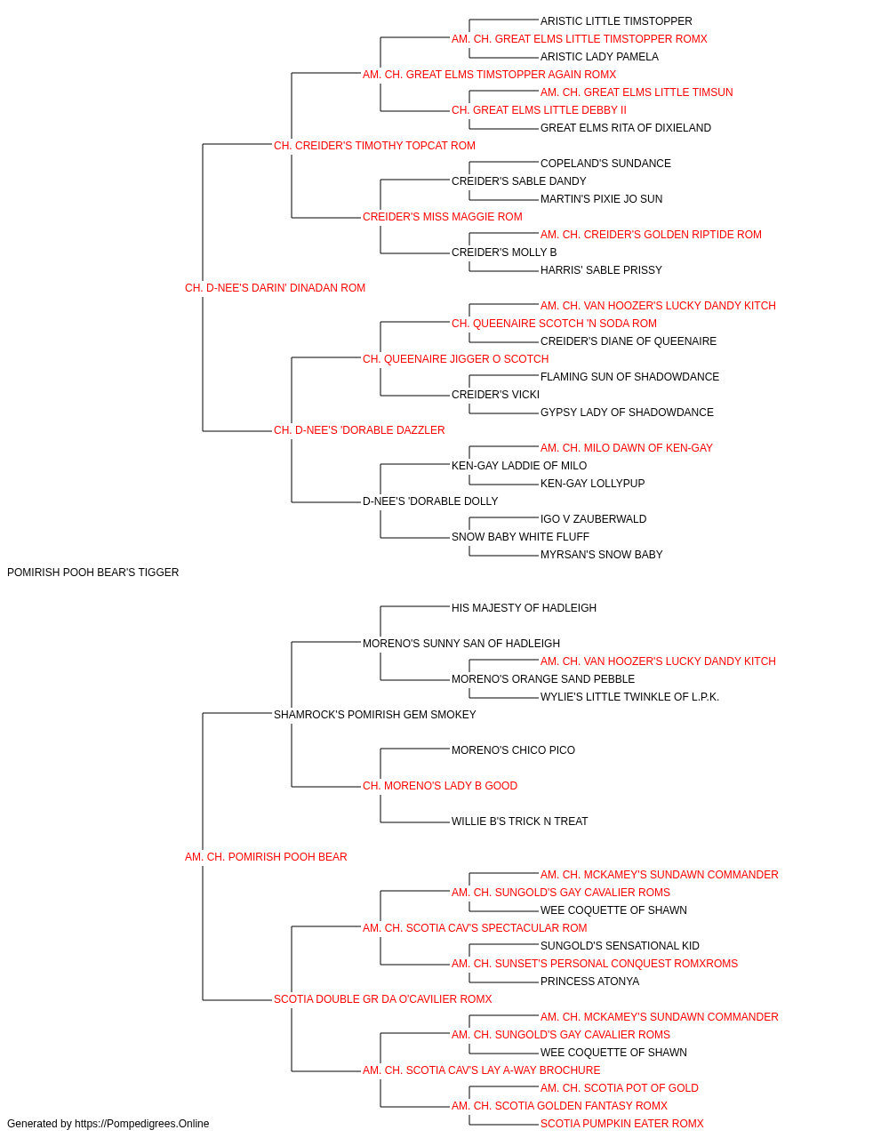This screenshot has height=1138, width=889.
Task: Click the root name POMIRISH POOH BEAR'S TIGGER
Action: click(x=92, y=573)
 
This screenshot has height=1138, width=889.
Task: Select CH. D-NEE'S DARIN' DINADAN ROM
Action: click(x=275, y=288)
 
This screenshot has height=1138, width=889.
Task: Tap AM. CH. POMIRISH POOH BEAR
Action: click(x=266, y=857)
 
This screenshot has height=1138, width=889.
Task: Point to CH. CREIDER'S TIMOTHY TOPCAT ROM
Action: click(x=374, y=146)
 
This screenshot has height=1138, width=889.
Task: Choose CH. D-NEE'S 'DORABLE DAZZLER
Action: click(x=359, y=430)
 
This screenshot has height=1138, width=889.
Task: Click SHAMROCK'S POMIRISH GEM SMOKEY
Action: click(x=375, y=715)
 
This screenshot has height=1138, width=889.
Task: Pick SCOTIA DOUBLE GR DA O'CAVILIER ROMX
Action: click(x=383, y=999)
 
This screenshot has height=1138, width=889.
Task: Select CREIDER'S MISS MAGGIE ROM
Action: click(x=443, y=217)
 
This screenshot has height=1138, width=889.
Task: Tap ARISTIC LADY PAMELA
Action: click(x=599, y=57)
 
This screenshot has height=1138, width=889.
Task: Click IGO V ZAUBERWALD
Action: click(x=593, y=519)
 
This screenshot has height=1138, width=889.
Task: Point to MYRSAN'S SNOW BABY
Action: click(x=602, y=555)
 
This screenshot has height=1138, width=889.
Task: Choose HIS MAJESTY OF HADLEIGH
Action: click(x=525, y=608)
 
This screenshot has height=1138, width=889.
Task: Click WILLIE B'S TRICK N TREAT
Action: click(x=520, y=821)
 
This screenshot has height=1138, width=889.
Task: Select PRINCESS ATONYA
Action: click(x=590, y=982)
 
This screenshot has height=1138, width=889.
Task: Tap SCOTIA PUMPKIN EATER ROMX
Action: click(x=622, y=1124)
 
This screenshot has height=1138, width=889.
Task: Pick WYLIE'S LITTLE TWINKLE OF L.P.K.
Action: click(x=629, y=697)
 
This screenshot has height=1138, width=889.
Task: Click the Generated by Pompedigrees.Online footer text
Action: click(x=108, y=1124)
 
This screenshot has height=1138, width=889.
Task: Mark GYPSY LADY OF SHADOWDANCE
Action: click(x=627, y=413)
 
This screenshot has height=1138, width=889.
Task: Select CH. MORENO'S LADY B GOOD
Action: click(x=440, y=786)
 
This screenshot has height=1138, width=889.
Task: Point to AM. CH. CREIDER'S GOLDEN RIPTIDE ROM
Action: click(x=651, y=235)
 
